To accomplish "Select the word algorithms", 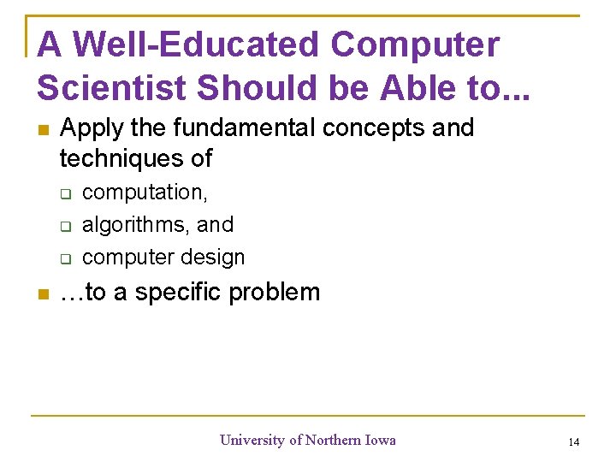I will tap(138, 225).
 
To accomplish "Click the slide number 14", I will tap(573, 442).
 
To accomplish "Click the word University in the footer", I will tap(252, 441).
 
